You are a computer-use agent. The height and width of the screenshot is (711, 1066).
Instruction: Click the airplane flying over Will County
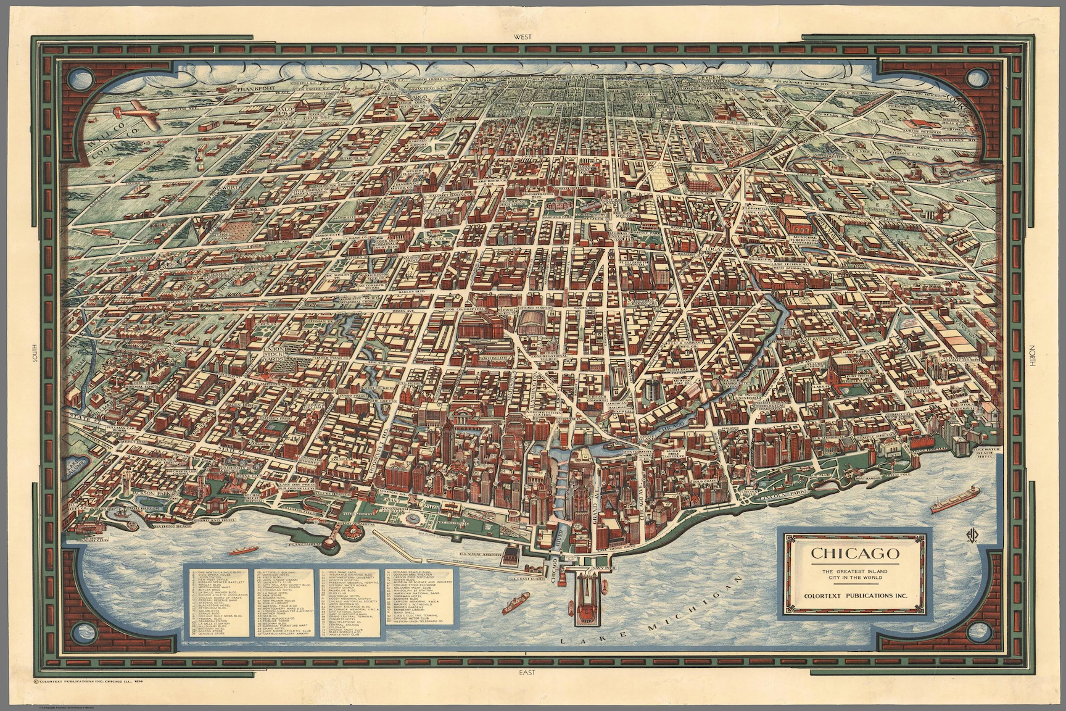tap(135, 117)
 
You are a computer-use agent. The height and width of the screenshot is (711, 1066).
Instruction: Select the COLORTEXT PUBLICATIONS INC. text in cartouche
tap(854, 596)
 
